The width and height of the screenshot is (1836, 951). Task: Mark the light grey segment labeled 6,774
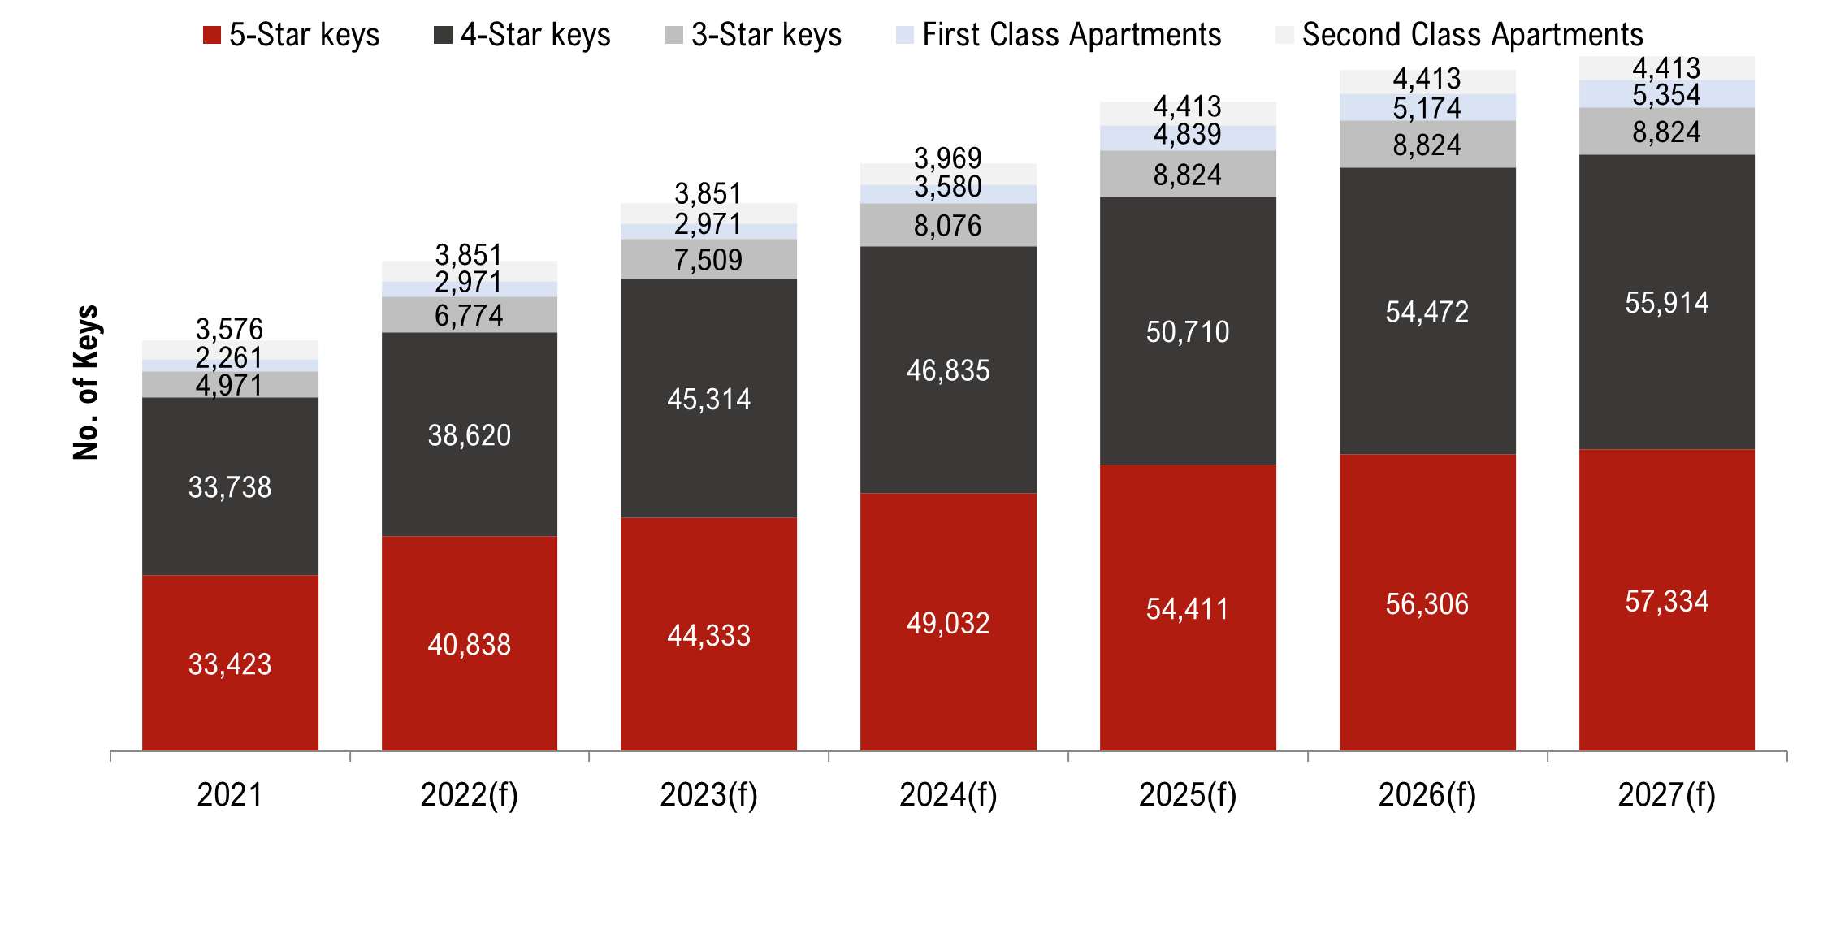pyautogui.click(x=470, y=315)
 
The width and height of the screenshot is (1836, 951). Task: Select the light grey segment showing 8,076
pyautogui.click(x=948, y=225)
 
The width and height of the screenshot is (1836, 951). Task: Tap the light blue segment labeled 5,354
pyautogui.click(x=1667, y=94)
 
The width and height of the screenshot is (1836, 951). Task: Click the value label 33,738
pyautogui.click(x=230, y=487)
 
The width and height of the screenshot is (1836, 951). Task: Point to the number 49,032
pyautogui.click(x=948, y=623)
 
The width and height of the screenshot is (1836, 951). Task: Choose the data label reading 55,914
pyautogui.click(x=1667, y=303)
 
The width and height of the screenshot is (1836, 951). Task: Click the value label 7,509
pyautogui.click(x=708, y=260)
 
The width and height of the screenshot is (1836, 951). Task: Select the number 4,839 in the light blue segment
pyautogui.click(x=1188, y=135)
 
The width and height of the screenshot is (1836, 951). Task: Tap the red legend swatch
pyautogui.click(x=212, y=35)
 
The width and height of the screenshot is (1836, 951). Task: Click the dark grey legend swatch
pyautogui.click(x=443, y=35)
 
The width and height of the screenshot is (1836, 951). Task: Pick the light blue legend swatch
pyautogui.click(x=905, y=35)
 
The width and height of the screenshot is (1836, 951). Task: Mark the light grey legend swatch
pyautogui.click(x=674, y=35)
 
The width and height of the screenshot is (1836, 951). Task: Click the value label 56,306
pyautogui.click(x=1427, y=604)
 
